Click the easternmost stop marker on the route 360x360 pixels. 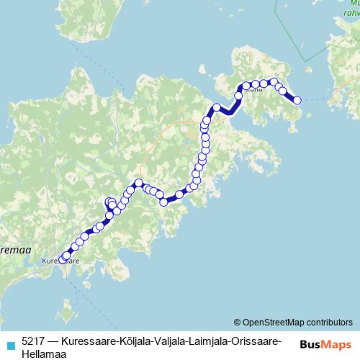pyautogui.click(x=297, y=100)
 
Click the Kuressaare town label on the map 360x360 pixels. pyautogui.click(x=60, y=261)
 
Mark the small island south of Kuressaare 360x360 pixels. pyautogui.click(x=66, y=313)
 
